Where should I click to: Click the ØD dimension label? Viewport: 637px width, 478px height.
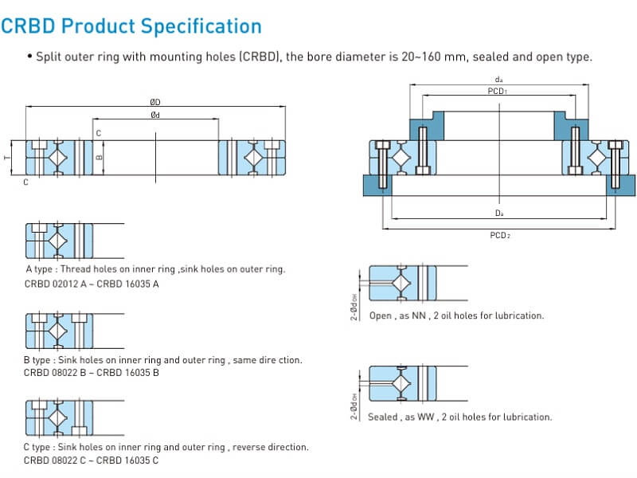[x=155, y=102]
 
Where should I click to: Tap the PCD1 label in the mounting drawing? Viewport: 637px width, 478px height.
[x=498, y=92]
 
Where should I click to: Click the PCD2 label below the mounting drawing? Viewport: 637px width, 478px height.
[x=499, y=235]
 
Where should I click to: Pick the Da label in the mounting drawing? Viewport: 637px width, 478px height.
[x=498, y=214]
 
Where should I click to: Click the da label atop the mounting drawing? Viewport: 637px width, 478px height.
[x=498, y=80]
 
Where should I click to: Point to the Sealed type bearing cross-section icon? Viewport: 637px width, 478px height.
[x=402, y=386]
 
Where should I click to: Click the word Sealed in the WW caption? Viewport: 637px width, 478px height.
[x=382, y=417]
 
